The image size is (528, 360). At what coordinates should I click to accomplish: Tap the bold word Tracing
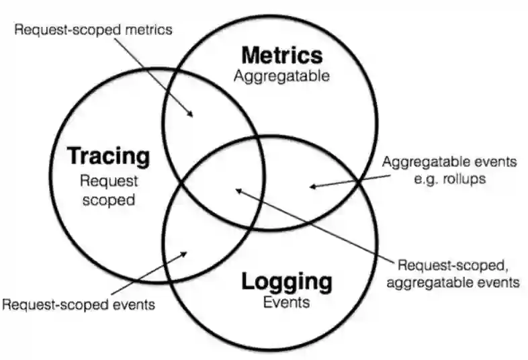[x=108, y=156]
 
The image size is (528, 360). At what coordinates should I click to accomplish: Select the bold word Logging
[x=287, y=281]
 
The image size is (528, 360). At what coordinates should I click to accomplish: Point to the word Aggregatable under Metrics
[x=282, y=76]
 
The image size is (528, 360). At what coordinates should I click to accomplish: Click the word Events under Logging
[x=287, y=302]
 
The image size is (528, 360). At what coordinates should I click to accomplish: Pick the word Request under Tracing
[x=109, y=180]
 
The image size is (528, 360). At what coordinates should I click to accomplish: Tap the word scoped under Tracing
[x=109, y=199]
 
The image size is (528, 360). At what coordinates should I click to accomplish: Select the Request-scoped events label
[x=79, y=304]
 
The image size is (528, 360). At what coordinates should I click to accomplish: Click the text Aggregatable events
[x=449, y=162]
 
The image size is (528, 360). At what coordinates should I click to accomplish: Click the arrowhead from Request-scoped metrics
[x=192, y=116]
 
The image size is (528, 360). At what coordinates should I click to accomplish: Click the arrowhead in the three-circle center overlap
[x=237, y=191]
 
